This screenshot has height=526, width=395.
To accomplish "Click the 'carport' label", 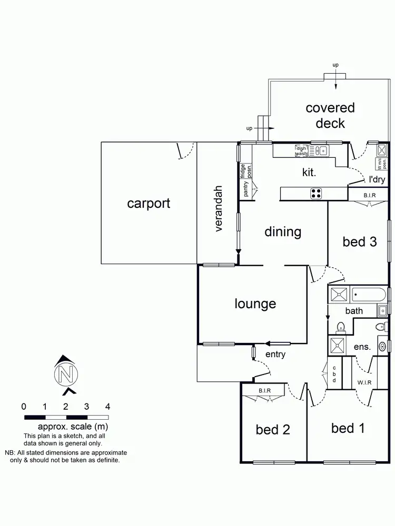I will click(149, 203).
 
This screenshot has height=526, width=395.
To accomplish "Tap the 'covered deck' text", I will click(330, 116).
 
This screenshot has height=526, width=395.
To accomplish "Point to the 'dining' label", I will click(283, 231).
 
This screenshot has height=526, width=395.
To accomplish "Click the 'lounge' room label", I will click(255, 304).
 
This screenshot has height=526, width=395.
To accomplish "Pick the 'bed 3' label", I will click(360, 241).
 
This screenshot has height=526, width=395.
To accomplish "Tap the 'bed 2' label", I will click(273, 430).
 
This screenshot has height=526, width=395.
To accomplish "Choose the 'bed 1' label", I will click(348, 428).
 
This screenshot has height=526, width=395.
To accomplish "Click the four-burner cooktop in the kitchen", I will click(316, 194).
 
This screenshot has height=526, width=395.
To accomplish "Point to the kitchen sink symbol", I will click(319, 151).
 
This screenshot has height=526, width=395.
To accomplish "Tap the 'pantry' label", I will click(246, 189).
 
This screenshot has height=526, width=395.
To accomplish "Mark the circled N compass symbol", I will click(66, 374).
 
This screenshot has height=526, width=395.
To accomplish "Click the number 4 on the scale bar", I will click(107, 406).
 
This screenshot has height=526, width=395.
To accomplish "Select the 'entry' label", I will click(275, 354).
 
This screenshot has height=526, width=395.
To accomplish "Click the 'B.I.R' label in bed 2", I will click(265, 390).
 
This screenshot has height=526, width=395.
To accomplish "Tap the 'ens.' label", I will click(363, 347).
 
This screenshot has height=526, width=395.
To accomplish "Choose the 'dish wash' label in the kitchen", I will click(301, 151).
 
